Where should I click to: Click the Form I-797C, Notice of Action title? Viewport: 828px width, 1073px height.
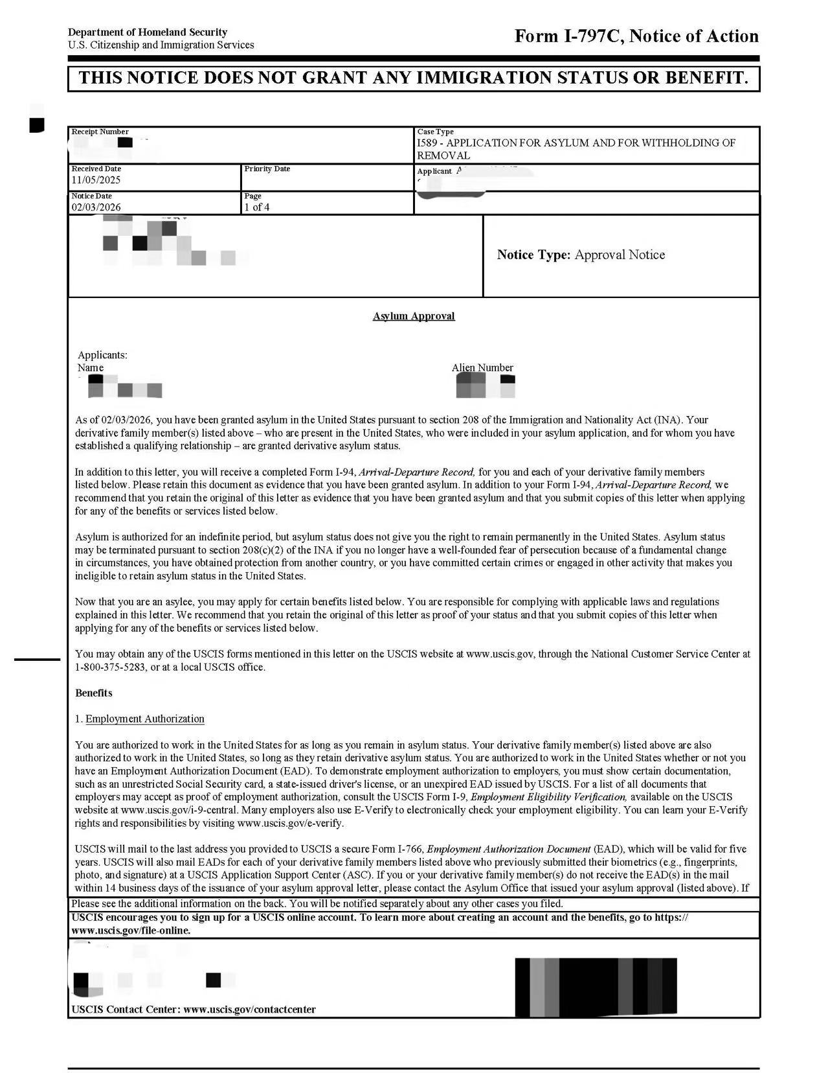[x=636, y=36]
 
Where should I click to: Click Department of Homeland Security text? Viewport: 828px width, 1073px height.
[x=148, y=32]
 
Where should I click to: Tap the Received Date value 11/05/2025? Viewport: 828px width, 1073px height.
[x=96, y=180]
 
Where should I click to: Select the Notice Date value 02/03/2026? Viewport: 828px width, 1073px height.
[x=96, y=207]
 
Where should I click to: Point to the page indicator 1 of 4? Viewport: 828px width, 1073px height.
[x=257, y=207]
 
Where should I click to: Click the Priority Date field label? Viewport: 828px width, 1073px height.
[x=267, y=168]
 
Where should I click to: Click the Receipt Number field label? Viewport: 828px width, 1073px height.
[x=100, y=132]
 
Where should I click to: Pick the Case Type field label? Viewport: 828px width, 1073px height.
[x=435, y=132]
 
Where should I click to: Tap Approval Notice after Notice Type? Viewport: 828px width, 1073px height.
[x=619, y=255]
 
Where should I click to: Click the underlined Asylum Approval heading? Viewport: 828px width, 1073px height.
[x=414, y=316]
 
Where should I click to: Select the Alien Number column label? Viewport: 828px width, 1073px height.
[x=482, y=367]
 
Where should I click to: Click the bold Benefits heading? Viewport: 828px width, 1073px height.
[x=94, y=693]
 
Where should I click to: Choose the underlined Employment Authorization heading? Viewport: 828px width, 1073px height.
[x=145, y=719]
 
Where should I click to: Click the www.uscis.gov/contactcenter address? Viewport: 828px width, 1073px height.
[x=249, y=1010]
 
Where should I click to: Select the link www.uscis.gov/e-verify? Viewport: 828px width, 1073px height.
[x=290, y=823]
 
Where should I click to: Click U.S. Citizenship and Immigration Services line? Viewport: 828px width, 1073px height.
[x=161, y=45]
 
